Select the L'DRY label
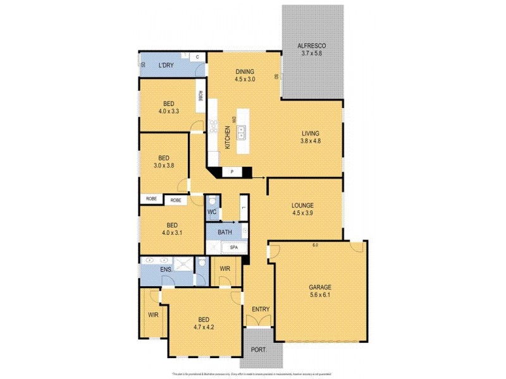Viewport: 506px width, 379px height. pyautogui.click(x=166, y=66)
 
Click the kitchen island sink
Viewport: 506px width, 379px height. pyautogui.click(x=241, y=132)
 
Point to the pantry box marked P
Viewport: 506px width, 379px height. pyautogui.click(x=232, y=171)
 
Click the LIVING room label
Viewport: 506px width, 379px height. pyautogui.click(x=310, y=133)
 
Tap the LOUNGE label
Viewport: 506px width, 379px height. pyautogui.click(x=302, y=205)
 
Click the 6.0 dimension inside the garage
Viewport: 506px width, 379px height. pyautogui.click(x=315, y=245)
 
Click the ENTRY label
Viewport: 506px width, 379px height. pyautogui.click(x=261, y=309)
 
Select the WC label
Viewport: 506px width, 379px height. pyautogui.click(x=213, y=212)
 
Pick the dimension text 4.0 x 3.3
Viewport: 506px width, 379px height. pyautogui.click(x=169, y=111)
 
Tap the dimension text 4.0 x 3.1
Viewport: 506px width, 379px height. pyautogui.click(x=170, y=233)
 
